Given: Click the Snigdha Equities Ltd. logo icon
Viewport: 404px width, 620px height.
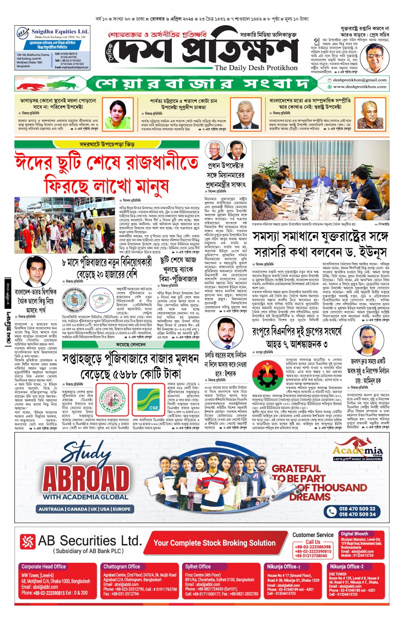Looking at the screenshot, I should [23, 32].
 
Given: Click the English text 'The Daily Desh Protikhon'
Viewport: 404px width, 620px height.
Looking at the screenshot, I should [256, 68].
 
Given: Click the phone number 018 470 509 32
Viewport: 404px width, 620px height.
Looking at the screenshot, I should [357, 509].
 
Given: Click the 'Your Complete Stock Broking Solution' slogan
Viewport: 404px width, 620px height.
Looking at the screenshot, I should [214, 543].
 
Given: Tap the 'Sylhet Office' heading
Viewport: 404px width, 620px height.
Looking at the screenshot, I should [198, 567].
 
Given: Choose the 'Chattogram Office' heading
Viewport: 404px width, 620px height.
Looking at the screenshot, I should [121, 567].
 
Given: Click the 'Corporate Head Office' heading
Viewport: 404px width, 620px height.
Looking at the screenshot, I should [44, 567].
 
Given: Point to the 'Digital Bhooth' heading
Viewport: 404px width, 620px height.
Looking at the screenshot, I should [354, 534].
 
